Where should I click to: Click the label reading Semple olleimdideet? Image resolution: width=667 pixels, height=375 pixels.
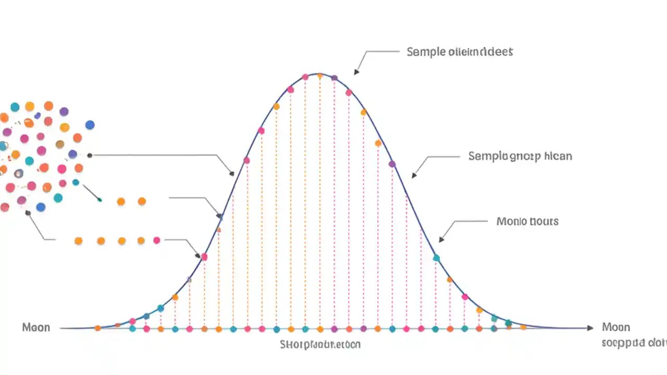[460, 52]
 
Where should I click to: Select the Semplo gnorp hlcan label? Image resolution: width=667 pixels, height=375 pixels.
[520, 156]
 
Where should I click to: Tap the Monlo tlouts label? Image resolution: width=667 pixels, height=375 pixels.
[527, 221]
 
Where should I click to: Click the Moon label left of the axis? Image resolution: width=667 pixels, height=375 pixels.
[36, 327]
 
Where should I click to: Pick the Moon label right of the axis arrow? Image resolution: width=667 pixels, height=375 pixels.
[616, 327]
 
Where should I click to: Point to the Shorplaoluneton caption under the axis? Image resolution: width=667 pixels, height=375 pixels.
[320, 344]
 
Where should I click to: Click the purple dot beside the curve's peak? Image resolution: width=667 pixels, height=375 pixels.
[335, 78]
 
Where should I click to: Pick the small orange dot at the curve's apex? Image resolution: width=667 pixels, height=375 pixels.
[319, 76]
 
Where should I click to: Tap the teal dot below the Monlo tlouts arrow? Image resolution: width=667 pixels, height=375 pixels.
[436, 258]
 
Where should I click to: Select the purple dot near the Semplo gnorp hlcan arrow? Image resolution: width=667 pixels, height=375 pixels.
[392, 164]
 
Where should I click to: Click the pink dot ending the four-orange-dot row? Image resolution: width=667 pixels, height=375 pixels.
[157, 240]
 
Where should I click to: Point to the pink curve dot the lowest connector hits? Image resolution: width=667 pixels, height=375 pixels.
[204, 257]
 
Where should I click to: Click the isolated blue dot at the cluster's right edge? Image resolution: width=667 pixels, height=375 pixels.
[90, 125]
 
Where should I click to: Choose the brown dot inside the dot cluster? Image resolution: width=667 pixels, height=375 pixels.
[60, 144]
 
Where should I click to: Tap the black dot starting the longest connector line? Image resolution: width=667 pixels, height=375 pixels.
[90, 155]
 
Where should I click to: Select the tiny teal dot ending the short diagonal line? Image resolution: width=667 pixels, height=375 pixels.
[100, 200]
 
